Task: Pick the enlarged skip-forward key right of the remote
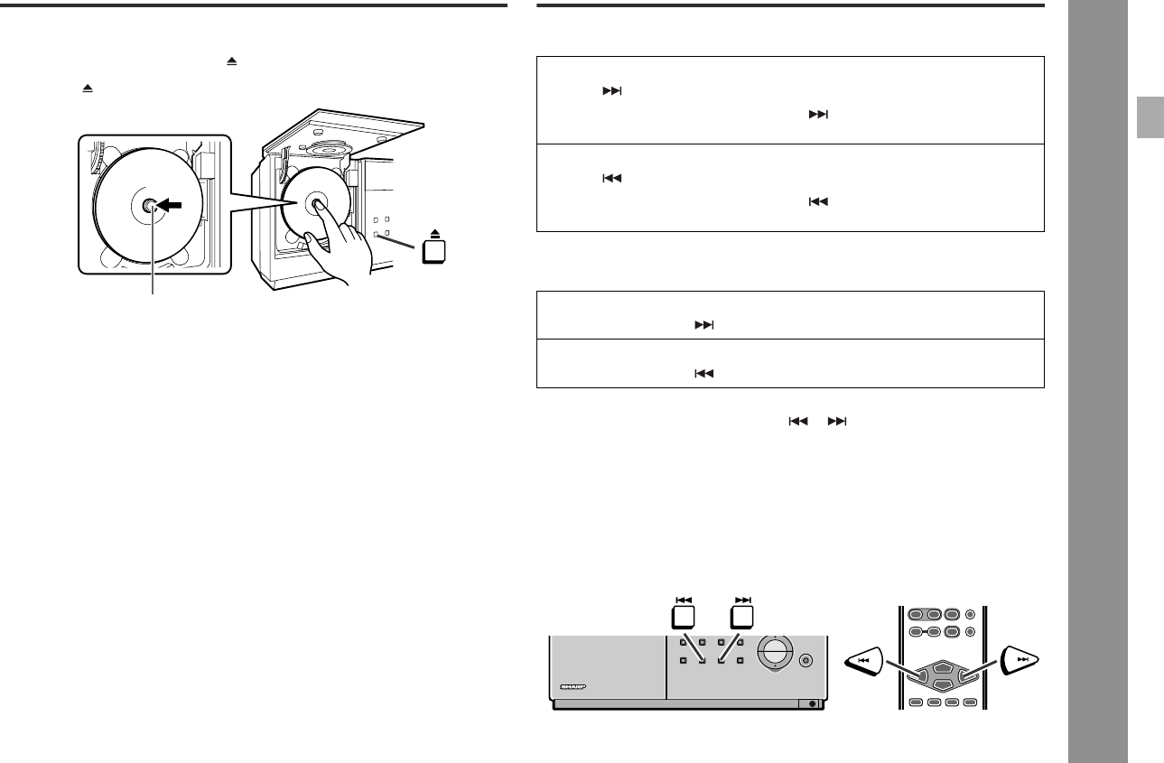pyautogui.click(x=1020, y=661)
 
